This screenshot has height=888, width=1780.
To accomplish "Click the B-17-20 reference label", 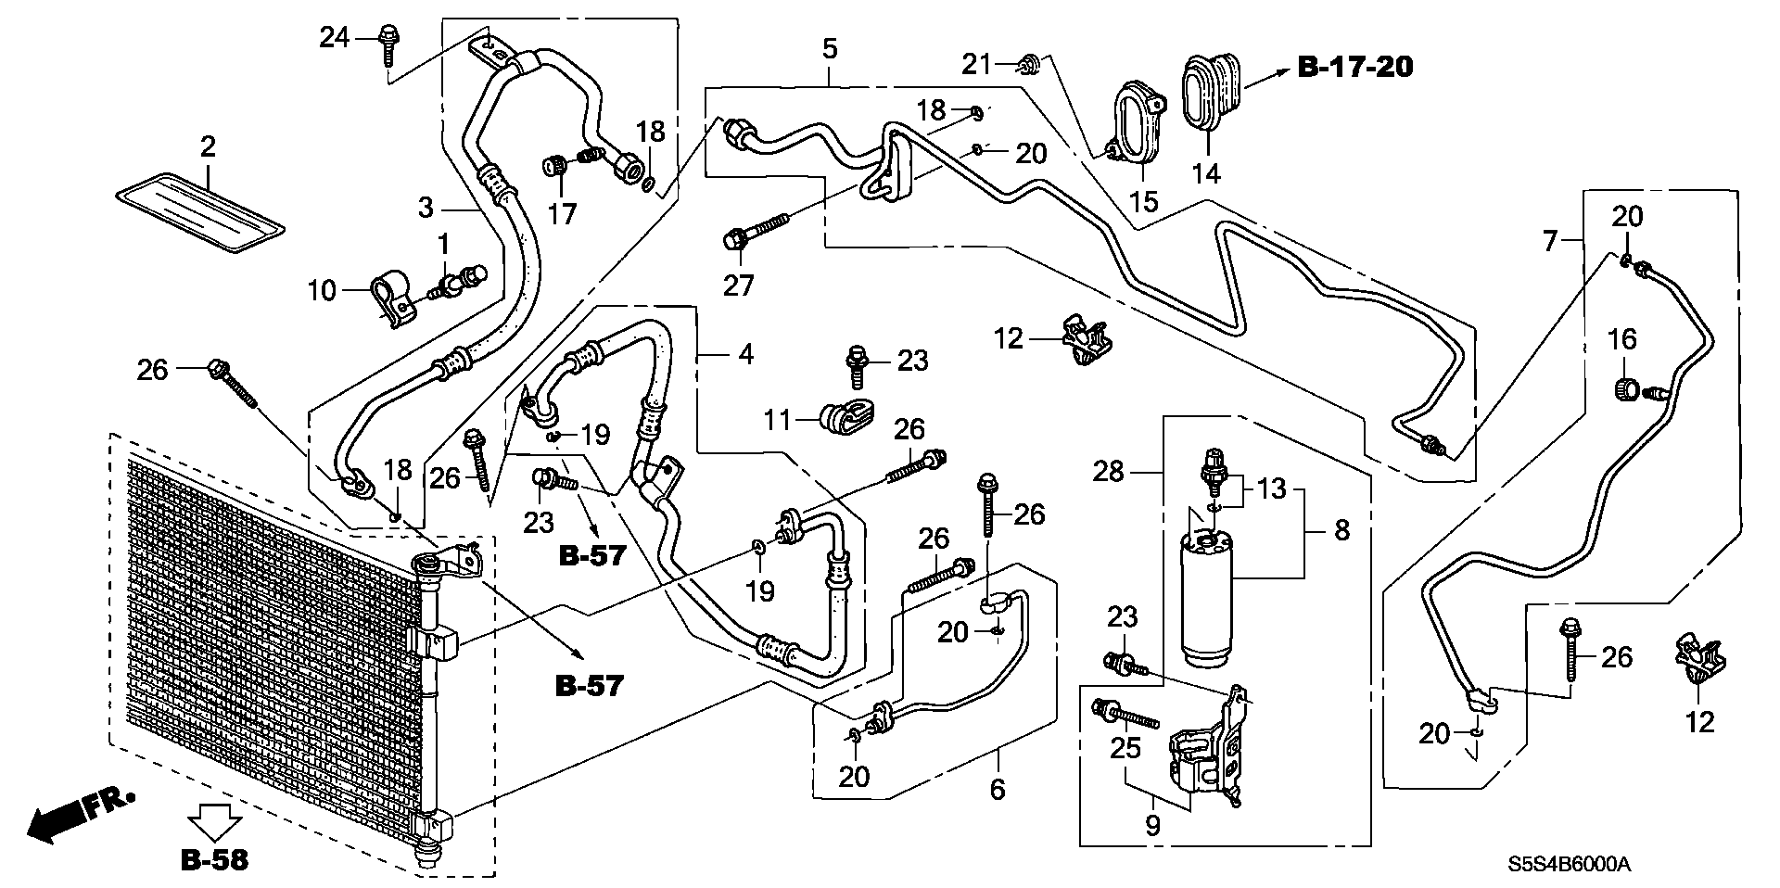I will click(1354, 67).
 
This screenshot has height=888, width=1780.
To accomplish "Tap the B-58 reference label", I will click(214, 859).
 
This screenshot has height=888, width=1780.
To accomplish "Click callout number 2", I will click(208, 146).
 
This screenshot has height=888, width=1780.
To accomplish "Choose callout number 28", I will click(1108, 472).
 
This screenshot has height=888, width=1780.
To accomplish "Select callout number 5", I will click(829, 48).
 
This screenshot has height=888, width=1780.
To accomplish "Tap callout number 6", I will click(998, 789).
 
